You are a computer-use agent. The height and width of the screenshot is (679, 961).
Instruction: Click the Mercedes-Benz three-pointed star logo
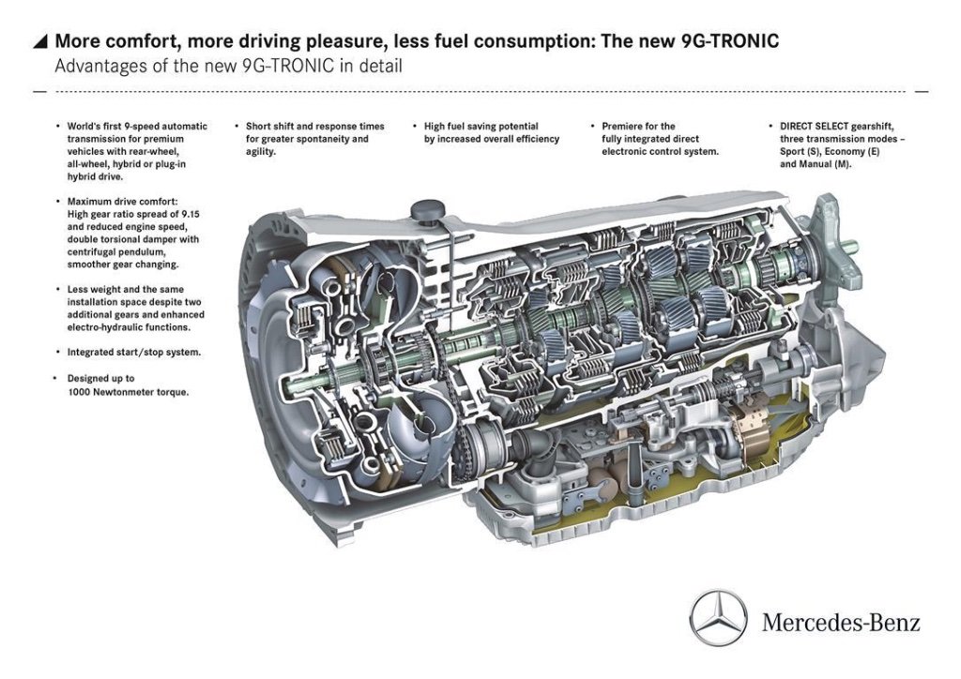click(x=719, y=618)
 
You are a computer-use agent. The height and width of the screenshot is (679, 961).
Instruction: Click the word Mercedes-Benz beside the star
click(x=841, y=621)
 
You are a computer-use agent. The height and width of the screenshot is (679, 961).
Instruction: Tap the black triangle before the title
click(x=39, y=41)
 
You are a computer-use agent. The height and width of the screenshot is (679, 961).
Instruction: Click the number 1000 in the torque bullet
click(x=79, y=391)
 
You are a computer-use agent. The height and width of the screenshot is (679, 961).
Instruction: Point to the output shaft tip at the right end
click(x=853, y=248)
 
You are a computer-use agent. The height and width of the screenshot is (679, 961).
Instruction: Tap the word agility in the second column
click(x=259, y=151)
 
